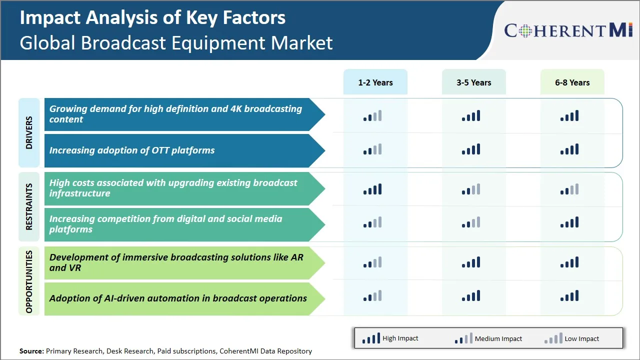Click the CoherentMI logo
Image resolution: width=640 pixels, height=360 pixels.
point(568,30)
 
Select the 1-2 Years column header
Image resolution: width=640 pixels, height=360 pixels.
point(375,82)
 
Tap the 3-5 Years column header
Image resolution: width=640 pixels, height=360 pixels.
point(473,82)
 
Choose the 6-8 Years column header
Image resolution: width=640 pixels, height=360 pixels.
point(572,82)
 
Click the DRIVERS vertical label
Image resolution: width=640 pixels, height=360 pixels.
point(29,132)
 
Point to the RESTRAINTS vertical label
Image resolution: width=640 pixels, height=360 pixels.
point(29,206)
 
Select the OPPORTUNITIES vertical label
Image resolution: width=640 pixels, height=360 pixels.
point(29,281)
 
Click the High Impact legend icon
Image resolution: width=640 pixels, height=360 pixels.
point(370,338)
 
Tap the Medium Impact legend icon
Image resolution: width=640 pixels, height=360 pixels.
point(463,338)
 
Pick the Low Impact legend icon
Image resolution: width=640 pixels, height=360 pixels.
point(553,338)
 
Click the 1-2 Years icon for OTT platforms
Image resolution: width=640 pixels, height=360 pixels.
point(372,149)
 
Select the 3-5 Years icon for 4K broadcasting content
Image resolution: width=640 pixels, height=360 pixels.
point(471,116)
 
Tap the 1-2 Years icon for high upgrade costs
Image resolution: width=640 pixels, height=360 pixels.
point(372,189)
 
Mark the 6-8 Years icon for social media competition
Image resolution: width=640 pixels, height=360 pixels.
point(569,222)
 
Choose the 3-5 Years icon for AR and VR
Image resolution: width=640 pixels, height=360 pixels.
point(471,262)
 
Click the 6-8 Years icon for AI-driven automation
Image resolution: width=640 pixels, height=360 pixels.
point(569,296)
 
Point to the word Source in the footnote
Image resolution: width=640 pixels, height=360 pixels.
point(31,351)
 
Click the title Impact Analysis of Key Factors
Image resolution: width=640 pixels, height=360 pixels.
point(152,17)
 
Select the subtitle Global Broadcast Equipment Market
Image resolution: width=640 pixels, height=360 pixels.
point(176,42)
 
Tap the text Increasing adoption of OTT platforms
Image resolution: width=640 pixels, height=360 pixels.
point(132,150)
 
